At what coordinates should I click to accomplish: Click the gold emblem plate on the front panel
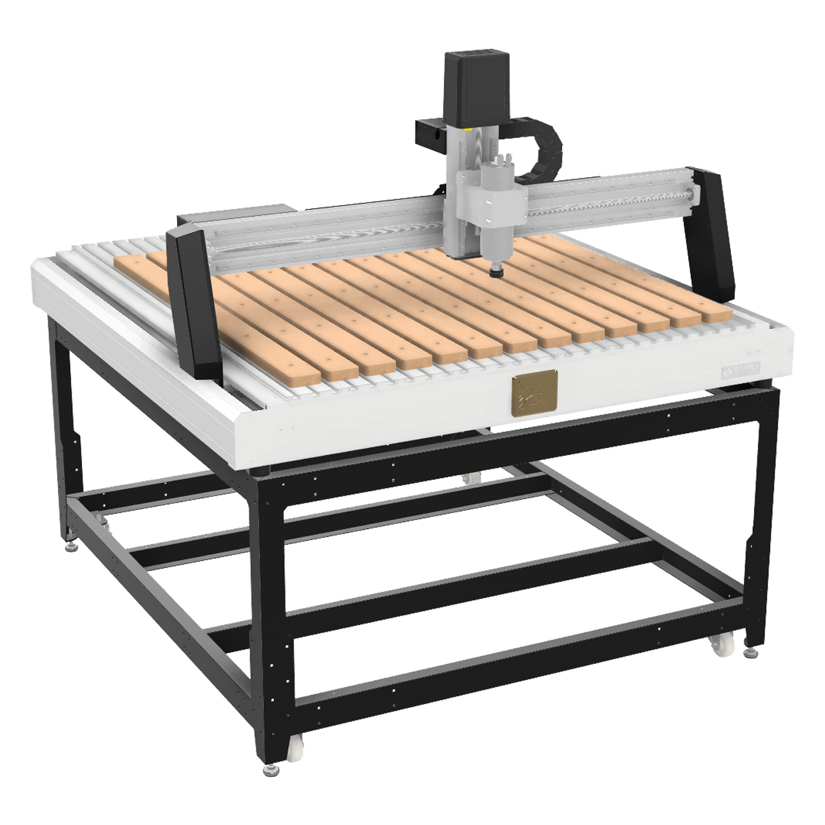(533, 393)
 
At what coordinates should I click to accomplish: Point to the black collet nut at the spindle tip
(496, 274)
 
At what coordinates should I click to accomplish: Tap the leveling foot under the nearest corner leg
(269, 771)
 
